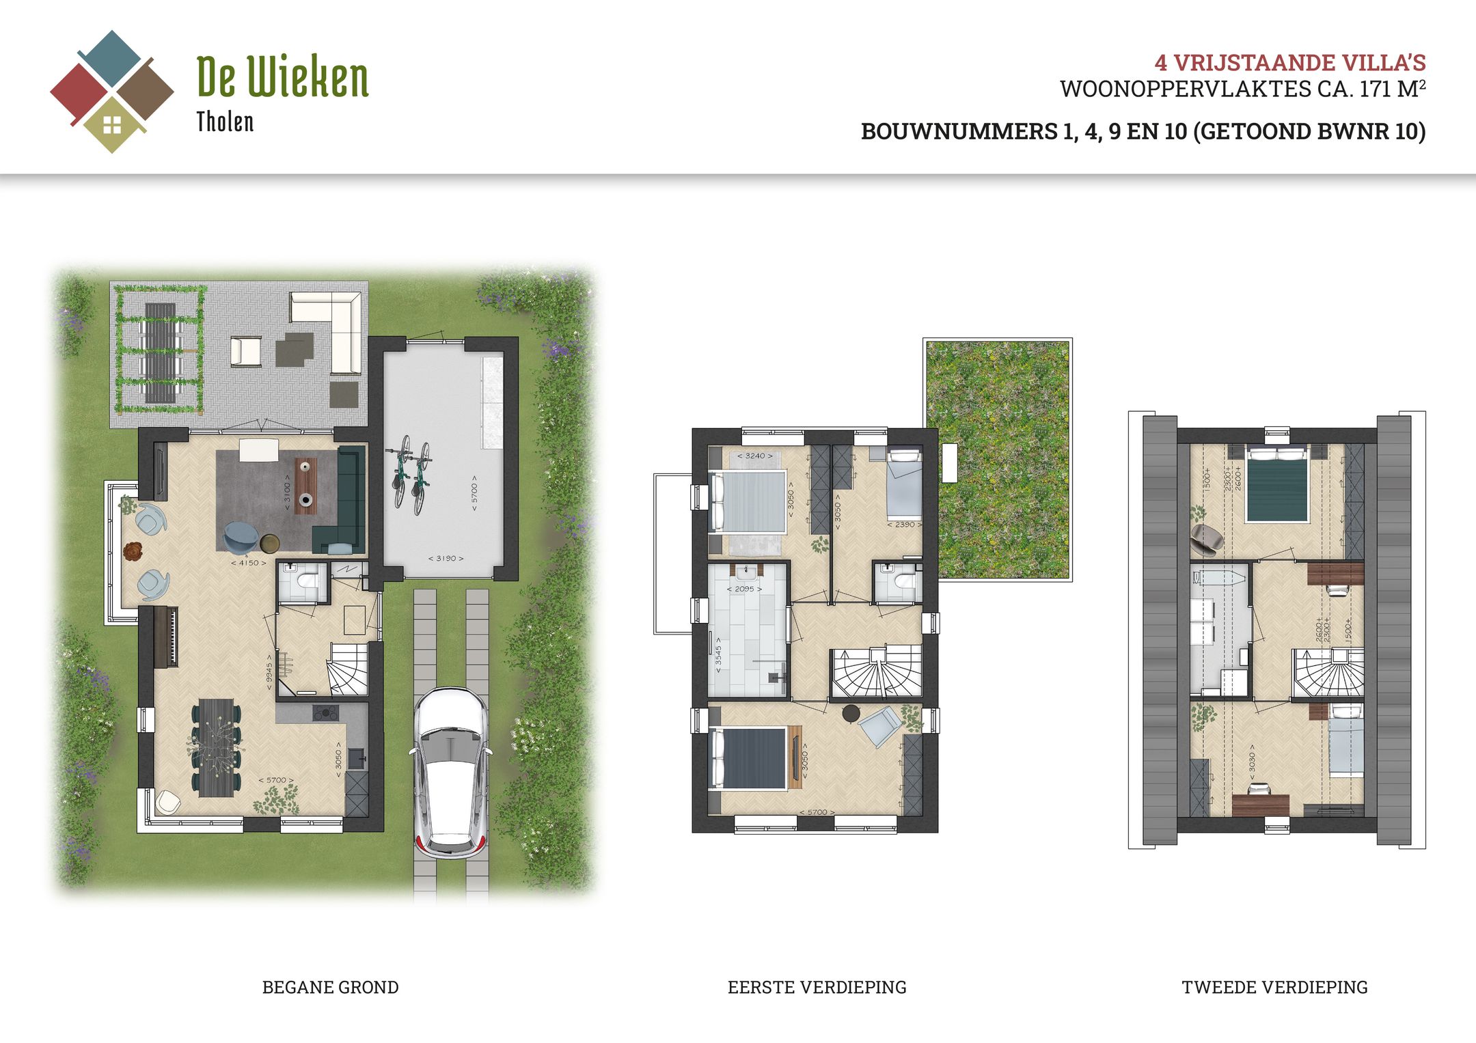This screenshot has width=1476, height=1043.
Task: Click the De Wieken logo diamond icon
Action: pyautogui.click(x=112, y=92)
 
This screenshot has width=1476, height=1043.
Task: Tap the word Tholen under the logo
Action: pyautogui.click(x=225, y=122)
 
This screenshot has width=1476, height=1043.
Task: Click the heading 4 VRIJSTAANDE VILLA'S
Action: pyautogui.click(x=1289, y=63)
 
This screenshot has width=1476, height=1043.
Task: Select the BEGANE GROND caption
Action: pyautogui.click(x=330, y=987)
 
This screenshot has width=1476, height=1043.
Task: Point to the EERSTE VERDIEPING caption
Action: pyautogui.click(x=817, y=987)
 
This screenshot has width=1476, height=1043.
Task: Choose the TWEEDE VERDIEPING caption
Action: pyautogui.click(x=1274, y=987)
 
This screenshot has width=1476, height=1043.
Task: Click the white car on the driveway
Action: pyautogui.click(x=450, y=772)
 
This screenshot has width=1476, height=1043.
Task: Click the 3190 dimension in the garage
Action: pyautogui.click(x=446, y=558)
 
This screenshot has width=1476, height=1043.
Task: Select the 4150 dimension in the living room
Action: pyautogui.click(x=249, y=563)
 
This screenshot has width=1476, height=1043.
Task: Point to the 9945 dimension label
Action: pyautogui.click(x=269, y=671)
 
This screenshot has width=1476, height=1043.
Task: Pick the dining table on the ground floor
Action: pyautogui.click(x=216, y=747)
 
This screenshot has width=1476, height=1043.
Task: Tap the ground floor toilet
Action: pyautogui.click(x=305, y=581)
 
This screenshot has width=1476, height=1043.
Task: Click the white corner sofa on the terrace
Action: pyautogui.click(x=335, y=328)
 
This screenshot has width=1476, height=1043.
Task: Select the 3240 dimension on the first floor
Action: pyautogui.click(x=755, y=456)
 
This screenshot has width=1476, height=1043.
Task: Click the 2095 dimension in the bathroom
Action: pyautogui.click(x=744, y=589)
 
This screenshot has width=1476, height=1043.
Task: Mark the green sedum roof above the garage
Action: pyautogui.click(x=998, y=458)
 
